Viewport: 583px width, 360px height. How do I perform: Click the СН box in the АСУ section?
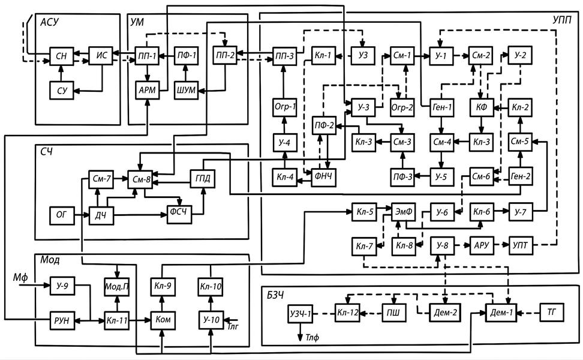60,56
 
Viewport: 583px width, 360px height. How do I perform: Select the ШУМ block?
186,90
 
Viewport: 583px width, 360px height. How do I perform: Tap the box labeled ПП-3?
285,56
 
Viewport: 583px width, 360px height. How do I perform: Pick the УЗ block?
362,56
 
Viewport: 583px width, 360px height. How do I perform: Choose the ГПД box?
202,178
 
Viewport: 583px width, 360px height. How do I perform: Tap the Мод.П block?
117,286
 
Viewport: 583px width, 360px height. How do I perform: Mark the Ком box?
163,320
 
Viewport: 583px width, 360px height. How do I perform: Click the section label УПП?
563,20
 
